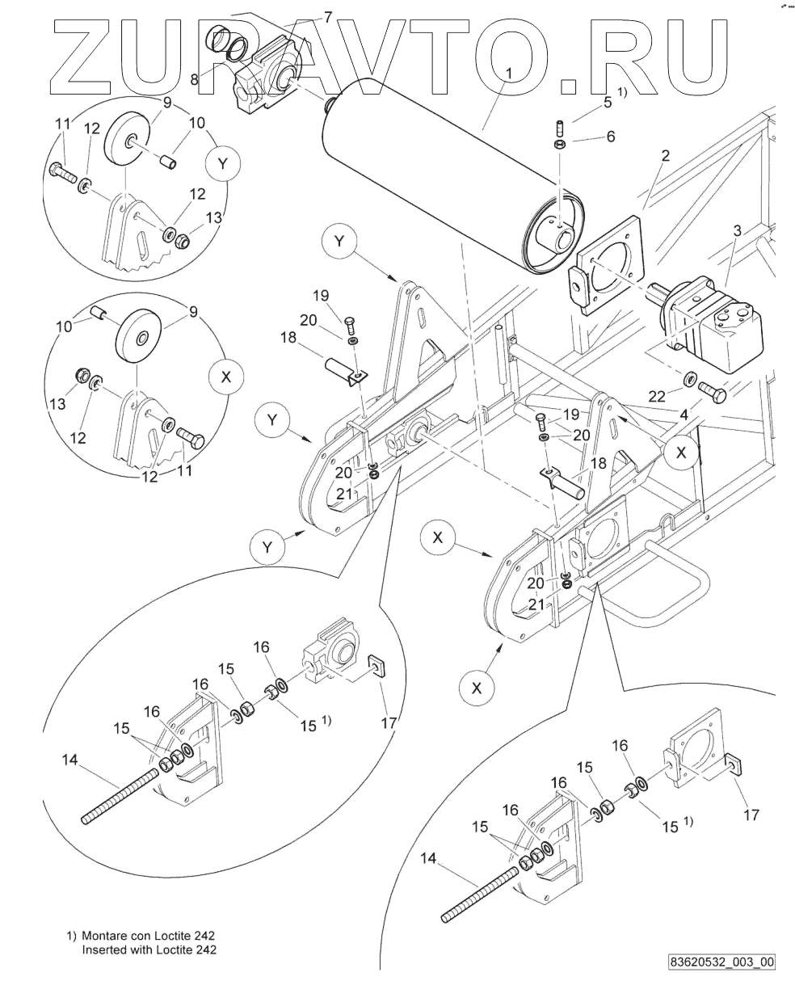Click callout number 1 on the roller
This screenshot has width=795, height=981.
(509, 73)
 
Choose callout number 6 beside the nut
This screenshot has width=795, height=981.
(611, 137)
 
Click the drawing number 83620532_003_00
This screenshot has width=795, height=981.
(721, 962)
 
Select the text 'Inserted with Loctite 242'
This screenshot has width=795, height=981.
(149, 949)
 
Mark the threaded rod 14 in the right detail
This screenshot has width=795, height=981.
(482, 894)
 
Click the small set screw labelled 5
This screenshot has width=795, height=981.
(560, 127)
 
